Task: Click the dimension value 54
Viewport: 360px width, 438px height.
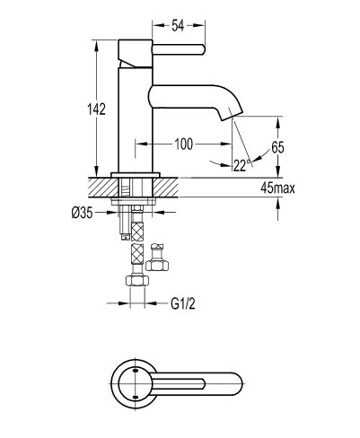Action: [x=178, y=26]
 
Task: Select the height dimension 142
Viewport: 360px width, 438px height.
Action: [x=96, y=109]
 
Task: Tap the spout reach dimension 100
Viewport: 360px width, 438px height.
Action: [x=184, y=145]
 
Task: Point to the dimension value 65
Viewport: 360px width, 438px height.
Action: [x=277, y=147]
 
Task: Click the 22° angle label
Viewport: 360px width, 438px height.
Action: [x=241, y=165]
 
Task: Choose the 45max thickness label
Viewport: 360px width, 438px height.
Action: [x=277, y=188]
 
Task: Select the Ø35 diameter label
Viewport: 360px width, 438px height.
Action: [x=82, y=213]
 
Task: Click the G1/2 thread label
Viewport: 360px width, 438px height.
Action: [x=183, y=304]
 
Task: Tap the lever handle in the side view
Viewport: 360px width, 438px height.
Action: [x=179, y=49]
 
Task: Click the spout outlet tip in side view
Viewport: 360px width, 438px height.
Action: [x=233, y=117]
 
